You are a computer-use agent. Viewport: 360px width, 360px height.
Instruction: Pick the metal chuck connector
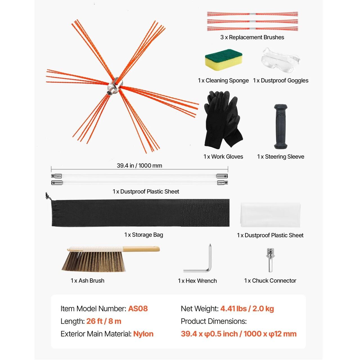[270, 260]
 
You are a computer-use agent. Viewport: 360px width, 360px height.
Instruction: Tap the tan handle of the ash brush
[141, 249]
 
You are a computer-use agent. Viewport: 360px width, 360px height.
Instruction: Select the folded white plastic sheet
[270, 215]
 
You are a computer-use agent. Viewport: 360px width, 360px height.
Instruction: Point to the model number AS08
[138, 309]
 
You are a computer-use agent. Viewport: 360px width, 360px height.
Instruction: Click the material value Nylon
[143, 334]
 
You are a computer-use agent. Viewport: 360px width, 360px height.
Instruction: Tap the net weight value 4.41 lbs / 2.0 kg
[247, 309]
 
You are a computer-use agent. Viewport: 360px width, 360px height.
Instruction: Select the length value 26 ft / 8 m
[104, 321]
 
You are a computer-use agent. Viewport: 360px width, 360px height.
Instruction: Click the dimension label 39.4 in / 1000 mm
[139, 166]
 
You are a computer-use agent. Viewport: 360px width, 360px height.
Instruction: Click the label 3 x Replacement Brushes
[252, 37]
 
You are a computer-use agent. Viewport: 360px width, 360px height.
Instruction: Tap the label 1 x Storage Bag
[144, 235]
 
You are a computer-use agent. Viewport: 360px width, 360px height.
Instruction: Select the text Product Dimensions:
[214, 321]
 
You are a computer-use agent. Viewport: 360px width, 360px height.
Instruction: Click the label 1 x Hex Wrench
[197, 281]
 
